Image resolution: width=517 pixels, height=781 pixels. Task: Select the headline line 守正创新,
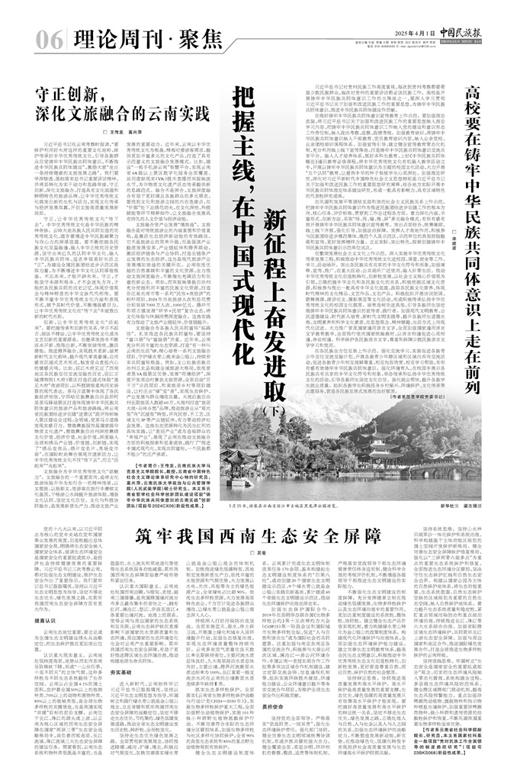click(x=70, y=95)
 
